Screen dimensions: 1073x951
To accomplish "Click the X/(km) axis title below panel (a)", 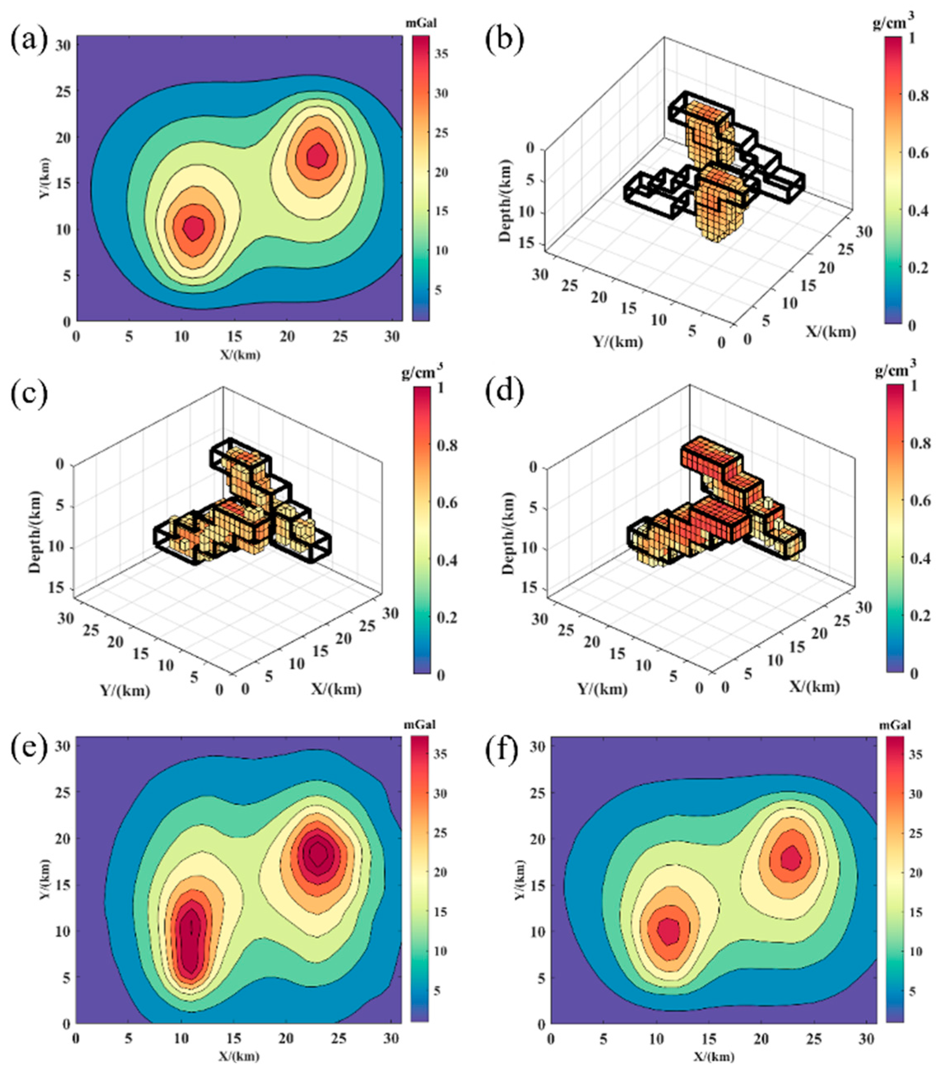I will [239, 355].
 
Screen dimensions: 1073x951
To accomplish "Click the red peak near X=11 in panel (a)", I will [194, 228].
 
